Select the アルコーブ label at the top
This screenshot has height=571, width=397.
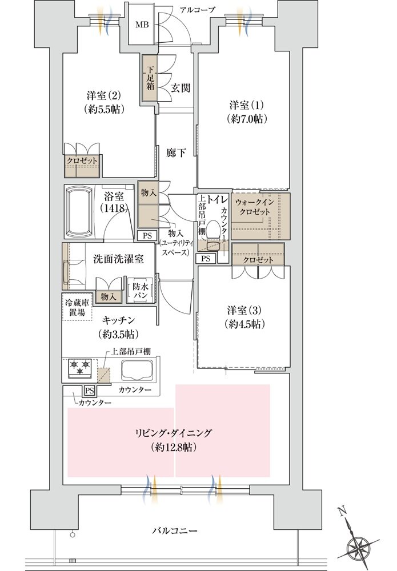pyautogui.click(x=197, y=10)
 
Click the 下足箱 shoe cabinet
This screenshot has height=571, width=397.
pyautogui.click(x=149, y=78)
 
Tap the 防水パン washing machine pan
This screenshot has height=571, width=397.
pyautogui.click(x=141, y=291)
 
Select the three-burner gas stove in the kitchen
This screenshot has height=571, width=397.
pyautogui.click(x=80, y=368)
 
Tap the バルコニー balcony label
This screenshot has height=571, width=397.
pyautogui.click(x=175, y=530)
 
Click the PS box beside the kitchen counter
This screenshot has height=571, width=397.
pyautogui.click(x=90, y=391)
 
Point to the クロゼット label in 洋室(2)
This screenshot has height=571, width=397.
pyautogui.click(x=82, y=161)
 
